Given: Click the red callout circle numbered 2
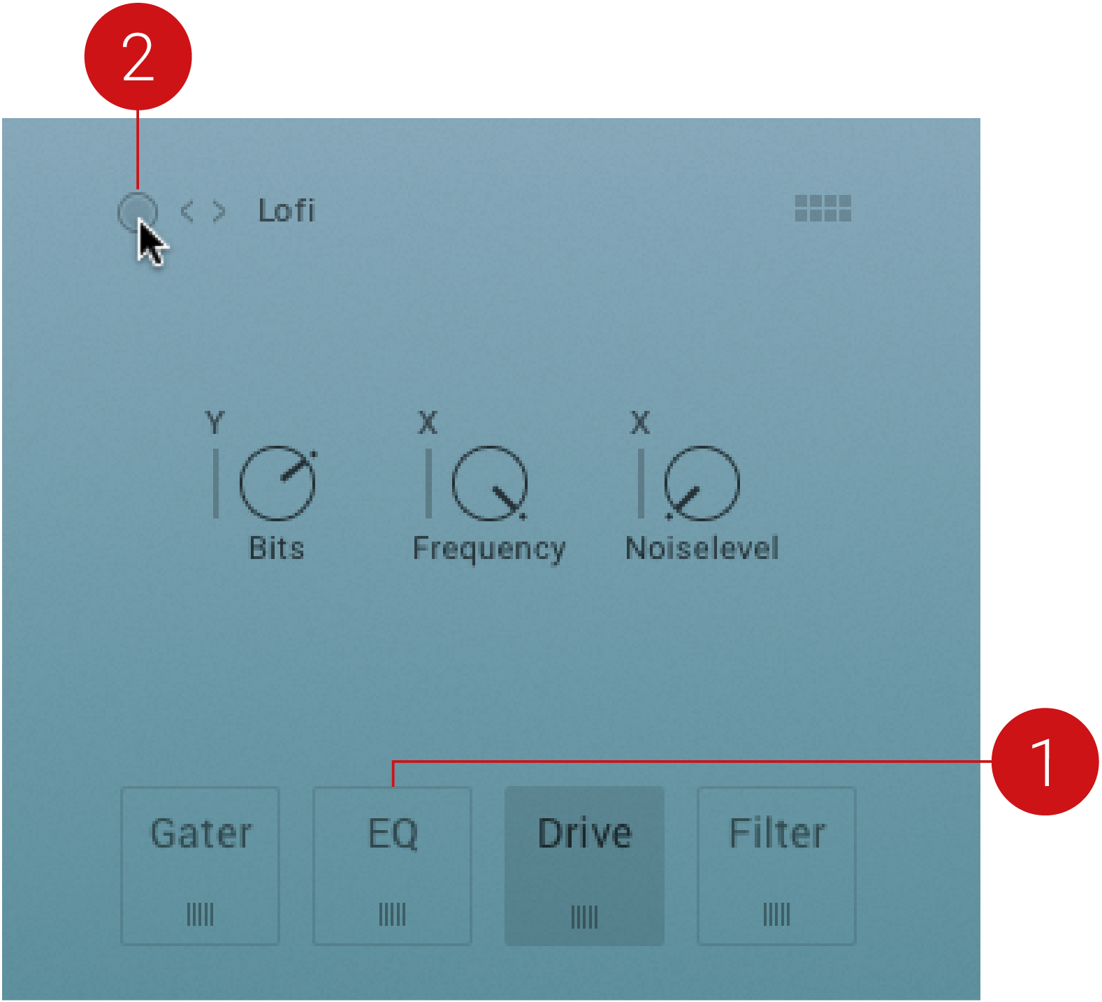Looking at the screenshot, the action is click(138, 56).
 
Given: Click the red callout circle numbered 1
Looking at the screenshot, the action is click(1045, 762).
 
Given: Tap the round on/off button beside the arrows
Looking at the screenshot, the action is click(137, 212).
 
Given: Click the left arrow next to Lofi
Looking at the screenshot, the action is click(187, 211).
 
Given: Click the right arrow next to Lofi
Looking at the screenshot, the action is click(219, 211).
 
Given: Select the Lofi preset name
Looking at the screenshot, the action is click(287, 210).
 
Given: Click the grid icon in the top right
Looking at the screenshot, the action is click(823, 208).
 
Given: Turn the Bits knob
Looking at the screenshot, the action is click(277, 483).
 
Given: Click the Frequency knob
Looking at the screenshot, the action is click(489, 483).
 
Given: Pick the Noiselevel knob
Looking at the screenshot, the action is click(702, 483).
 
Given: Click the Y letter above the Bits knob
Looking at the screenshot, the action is click(215, 423).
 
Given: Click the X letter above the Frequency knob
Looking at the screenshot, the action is click(428, 423).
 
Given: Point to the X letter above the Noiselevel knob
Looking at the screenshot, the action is click(640, 423).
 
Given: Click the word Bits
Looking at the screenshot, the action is click(277, 549).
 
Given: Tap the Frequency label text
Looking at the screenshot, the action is click(489, 550).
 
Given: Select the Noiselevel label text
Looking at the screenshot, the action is click(702, 549).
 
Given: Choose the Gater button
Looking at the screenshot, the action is click(201, 866).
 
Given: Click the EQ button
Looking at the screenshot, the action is click(393, 866).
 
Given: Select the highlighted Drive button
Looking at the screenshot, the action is click(585, 866).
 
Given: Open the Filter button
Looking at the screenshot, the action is click(777, 866).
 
